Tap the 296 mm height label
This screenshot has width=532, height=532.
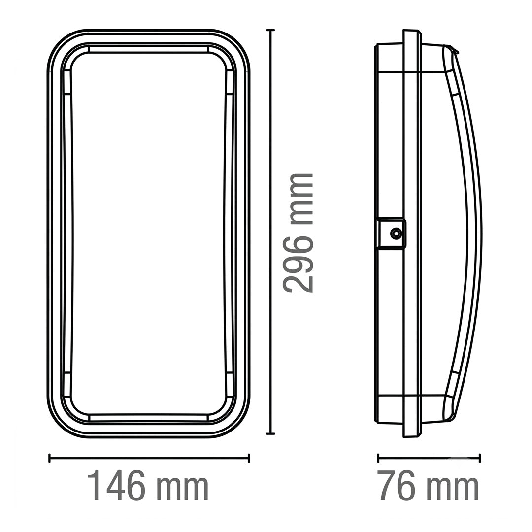coord(298,233)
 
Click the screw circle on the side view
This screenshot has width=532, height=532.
coord(396,233)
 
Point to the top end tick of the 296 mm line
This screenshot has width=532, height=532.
coord(270,30)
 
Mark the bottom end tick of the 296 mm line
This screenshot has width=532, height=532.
coord(270,433)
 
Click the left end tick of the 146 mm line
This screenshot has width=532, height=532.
coord(50,458)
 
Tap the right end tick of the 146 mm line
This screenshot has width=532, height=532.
coord(249,458)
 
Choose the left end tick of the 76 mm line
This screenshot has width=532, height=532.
coord(378,458)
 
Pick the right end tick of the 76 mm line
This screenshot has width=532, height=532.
coord(480,458)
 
